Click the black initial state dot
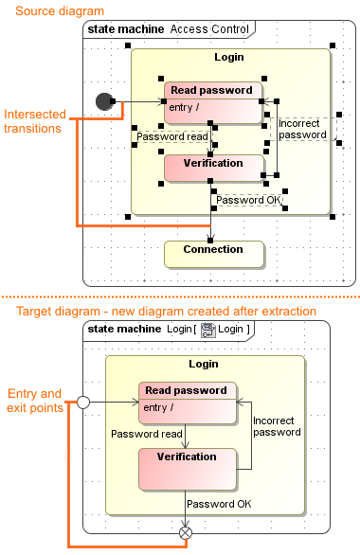[x=104, y=100]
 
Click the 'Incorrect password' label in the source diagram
[x=303, y=129]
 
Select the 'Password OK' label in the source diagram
[x=248, y=200]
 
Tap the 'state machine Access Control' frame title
[x=165, y=29]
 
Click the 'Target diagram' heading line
[x=166, y=312]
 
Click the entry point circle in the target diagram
[x=82, y=403]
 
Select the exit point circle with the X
[x=186, y=533]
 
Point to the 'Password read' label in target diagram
[x=147, y=434]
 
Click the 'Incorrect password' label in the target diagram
[x=277, y=426]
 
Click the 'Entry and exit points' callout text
[x=34, y=401]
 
